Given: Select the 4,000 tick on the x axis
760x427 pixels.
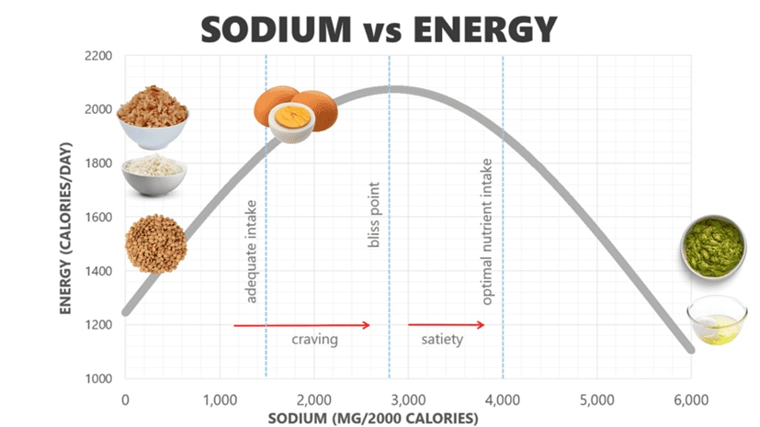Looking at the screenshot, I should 502,399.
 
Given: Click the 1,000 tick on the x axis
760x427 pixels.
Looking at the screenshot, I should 220,399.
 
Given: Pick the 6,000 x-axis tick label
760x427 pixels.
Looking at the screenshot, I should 690,399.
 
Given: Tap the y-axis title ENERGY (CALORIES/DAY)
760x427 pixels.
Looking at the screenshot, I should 67,217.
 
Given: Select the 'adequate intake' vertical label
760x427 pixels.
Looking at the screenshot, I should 251,251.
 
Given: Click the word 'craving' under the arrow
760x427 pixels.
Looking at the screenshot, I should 315,340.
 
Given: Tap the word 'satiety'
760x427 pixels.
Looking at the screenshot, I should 442,340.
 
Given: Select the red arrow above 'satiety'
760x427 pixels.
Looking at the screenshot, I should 446,325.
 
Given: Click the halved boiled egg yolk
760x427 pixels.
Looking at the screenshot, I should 293,118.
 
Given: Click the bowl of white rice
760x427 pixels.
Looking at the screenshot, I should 155,173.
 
